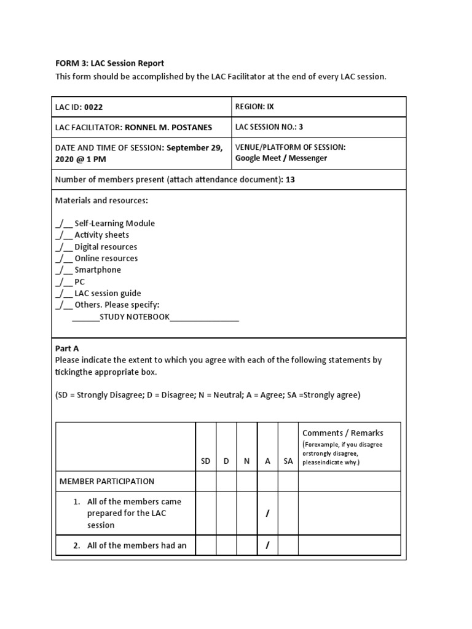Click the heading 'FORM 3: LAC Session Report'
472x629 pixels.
click(110, 63)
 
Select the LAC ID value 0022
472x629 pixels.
click(93, 107)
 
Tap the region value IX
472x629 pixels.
click(270, 106)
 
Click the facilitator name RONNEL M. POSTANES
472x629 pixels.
click(168, 128)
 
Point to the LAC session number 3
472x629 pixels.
click(301, 127)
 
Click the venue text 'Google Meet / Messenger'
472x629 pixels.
click(281, 158)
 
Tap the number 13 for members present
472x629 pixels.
click(291, 179)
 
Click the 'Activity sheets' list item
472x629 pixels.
click(101, 235)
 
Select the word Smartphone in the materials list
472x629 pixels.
click(98, 270)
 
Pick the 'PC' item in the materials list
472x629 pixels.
click(80, 282)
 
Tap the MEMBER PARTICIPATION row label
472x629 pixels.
click(107, 482)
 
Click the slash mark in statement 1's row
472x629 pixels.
click(267, 514)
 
